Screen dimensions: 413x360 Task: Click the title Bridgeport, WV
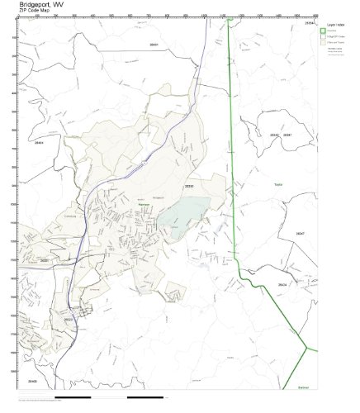point(39,5)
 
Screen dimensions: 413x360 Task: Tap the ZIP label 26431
point(153,44)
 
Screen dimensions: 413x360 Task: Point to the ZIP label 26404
point(36,143)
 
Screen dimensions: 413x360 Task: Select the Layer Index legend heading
point(335,26)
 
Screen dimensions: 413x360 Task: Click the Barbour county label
point(304,384)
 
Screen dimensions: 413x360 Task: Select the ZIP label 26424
point(282,284)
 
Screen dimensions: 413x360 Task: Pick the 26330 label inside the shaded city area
point(188,186)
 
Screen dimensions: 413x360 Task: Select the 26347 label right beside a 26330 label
point(287,134)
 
